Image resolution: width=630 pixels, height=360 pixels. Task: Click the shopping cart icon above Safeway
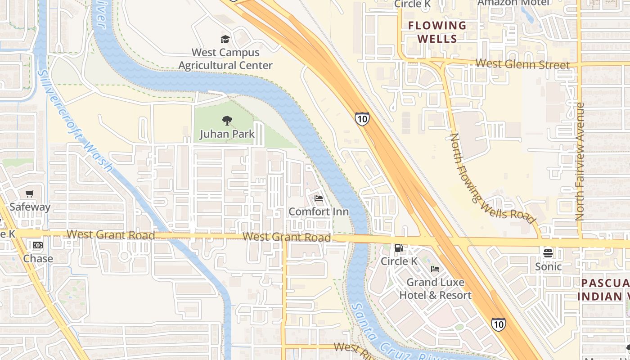tap(30, 194)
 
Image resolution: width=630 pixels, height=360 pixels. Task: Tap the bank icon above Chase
tap(38, 245)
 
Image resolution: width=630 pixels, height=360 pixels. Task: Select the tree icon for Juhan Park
tap(227, 121)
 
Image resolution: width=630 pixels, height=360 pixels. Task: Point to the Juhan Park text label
tap(227, 134)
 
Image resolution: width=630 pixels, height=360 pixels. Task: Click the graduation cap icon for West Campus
tap(225, 40)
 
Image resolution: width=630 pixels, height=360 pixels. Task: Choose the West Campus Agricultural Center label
tap(225, 59)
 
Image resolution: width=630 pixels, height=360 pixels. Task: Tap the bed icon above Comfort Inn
tap(319, 198)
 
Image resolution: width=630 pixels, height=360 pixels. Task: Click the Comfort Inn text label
tap(319, 211)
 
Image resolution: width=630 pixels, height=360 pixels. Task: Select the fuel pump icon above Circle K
tap(399, 248)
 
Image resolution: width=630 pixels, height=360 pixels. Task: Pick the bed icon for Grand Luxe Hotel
tap(435, 269)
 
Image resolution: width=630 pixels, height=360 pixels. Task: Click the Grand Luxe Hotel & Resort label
tap(435, 289)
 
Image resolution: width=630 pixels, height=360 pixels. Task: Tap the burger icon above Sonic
tap(548, 253)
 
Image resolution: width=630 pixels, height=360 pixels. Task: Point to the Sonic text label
tap(548, 266)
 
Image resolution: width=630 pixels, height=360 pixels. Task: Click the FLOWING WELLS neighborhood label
tap(437, 32)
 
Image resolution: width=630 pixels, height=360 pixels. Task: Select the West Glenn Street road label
tap(522, 64)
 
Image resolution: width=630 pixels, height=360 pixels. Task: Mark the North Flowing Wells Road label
tap(493, 179)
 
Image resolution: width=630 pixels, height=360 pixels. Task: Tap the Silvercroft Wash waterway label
tap(76, 121)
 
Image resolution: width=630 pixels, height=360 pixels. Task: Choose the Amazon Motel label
tap(513, 3)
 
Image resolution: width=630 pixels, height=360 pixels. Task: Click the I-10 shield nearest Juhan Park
tap(362, 119)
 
